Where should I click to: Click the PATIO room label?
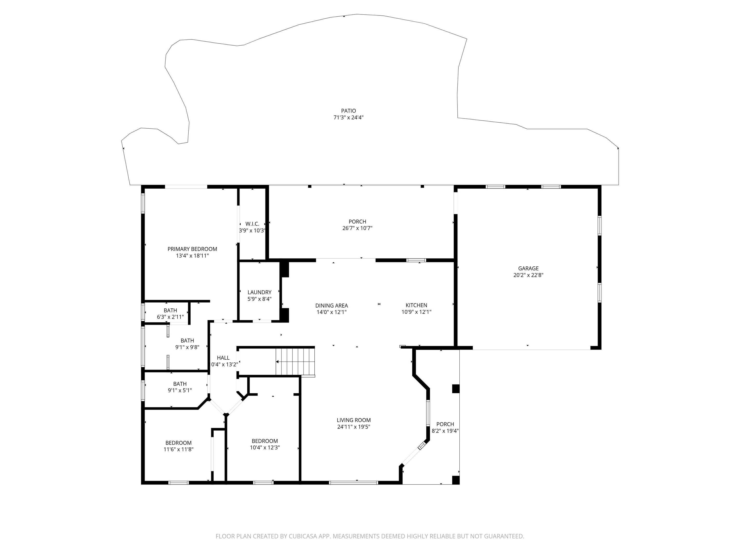(x=348, y=111)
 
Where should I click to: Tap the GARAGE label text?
(x=528, y=268)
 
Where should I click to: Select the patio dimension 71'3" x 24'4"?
(x=348, y=117)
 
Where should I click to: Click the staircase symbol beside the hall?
(x=295, y=362)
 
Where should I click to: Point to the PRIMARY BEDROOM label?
(x=192, y=249)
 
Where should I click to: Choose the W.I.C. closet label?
(x=252, y=224)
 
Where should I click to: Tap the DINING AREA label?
(x=331, y=305)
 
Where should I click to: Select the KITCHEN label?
(x=416, y=305)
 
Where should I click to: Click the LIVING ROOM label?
(x=354, y=420)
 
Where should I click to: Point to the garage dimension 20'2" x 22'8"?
(x=528, y=275)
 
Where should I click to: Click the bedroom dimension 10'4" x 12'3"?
(x=265, y=447)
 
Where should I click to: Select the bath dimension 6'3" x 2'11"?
(x=170, y=317)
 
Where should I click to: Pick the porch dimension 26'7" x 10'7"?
(x=357, y=228)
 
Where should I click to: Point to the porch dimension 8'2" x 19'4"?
(x=445, y=431)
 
